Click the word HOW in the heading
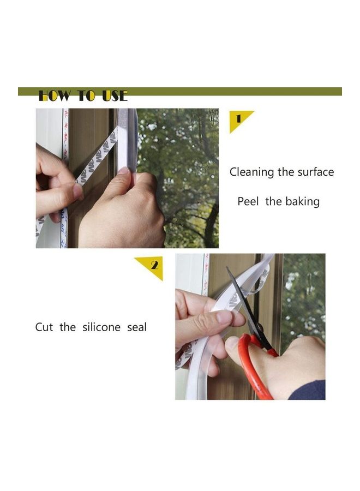coord(54,97)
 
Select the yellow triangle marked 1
coord(239,119)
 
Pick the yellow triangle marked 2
coord(153,267)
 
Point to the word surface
coord(315,172)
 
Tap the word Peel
coord(248,201)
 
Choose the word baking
coord(302,201)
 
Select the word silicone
coord(102,327)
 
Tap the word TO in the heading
coord(86,97)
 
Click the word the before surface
coord(286,172)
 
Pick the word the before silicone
coord(68,327)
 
